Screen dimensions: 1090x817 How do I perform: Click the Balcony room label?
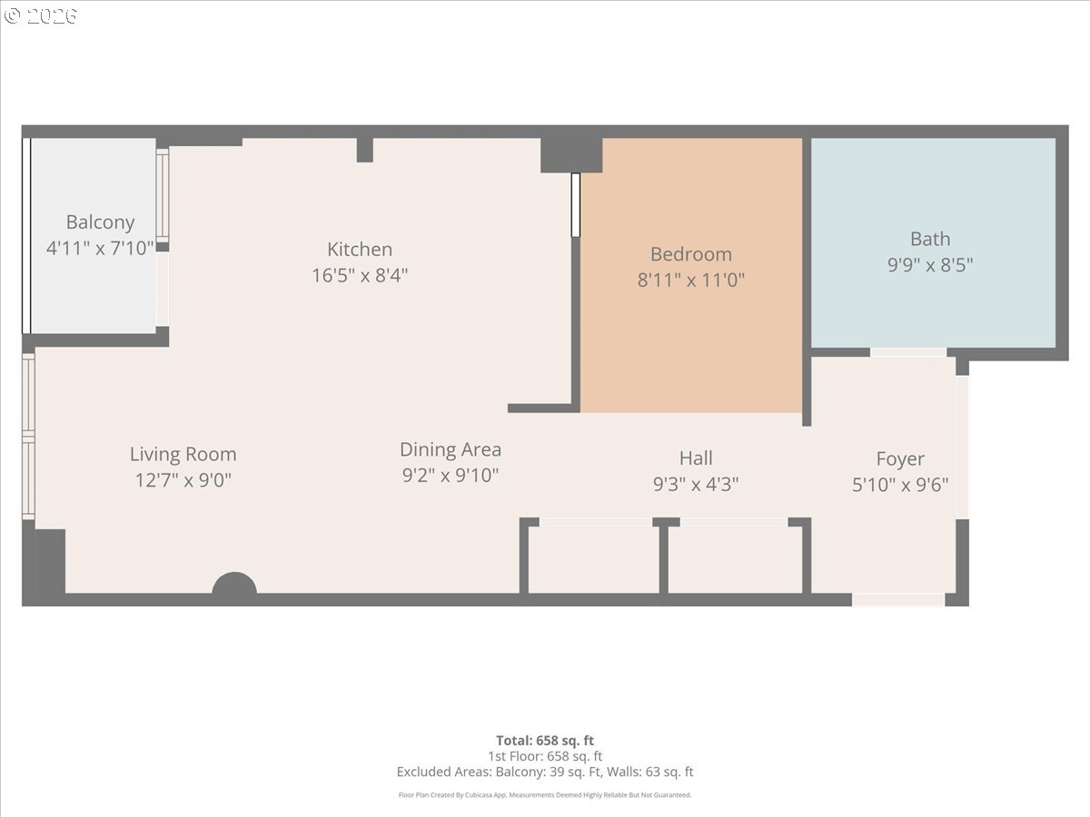click(100, 222)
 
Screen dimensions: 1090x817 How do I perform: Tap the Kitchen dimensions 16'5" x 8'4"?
click(360, 275)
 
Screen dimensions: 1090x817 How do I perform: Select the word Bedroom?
click(691, 254)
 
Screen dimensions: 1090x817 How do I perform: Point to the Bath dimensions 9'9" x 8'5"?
click(930, 265)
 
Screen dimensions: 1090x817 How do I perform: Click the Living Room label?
click(183, 455)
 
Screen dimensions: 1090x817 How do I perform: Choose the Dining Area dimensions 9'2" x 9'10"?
click(451, 475)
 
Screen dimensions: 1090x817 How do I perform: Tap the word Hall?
click(696, 458)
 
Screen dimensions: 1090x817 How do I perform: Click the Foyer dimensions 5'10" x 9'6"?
click(900, 485)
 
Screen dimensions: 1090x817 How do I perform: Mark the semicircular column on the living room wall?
click(234, 584)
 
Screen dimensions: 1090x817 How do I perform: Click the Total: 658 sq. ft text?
click(545, 741)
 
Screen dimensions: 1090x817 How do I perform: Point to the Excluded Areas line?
click(545, 772)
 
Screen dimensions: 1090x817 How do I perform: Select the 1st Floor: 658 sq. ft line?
click(545, 756)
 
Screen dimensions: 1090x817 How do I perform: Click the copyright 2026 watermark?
click(40, 15)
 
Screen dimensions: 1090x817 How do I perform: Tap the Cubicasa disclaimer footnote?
click(545, 795)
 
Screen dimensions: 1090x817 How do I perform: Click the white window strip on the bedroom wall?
click(576, 205)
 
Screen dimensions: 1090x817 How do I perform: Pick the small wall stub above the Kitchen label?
click(365, 150)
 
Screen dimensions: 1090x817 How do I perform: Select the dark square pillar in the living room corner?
click(50, 561)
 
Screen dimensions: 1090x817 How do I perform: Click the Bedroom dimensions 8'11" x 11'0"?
click(691, 281)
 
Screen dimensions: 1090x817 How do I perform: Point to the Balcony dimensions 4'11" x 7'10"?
click(100, 248)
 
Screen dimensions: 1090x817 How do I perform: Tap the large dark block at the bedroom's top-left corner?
click(571, 155)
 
